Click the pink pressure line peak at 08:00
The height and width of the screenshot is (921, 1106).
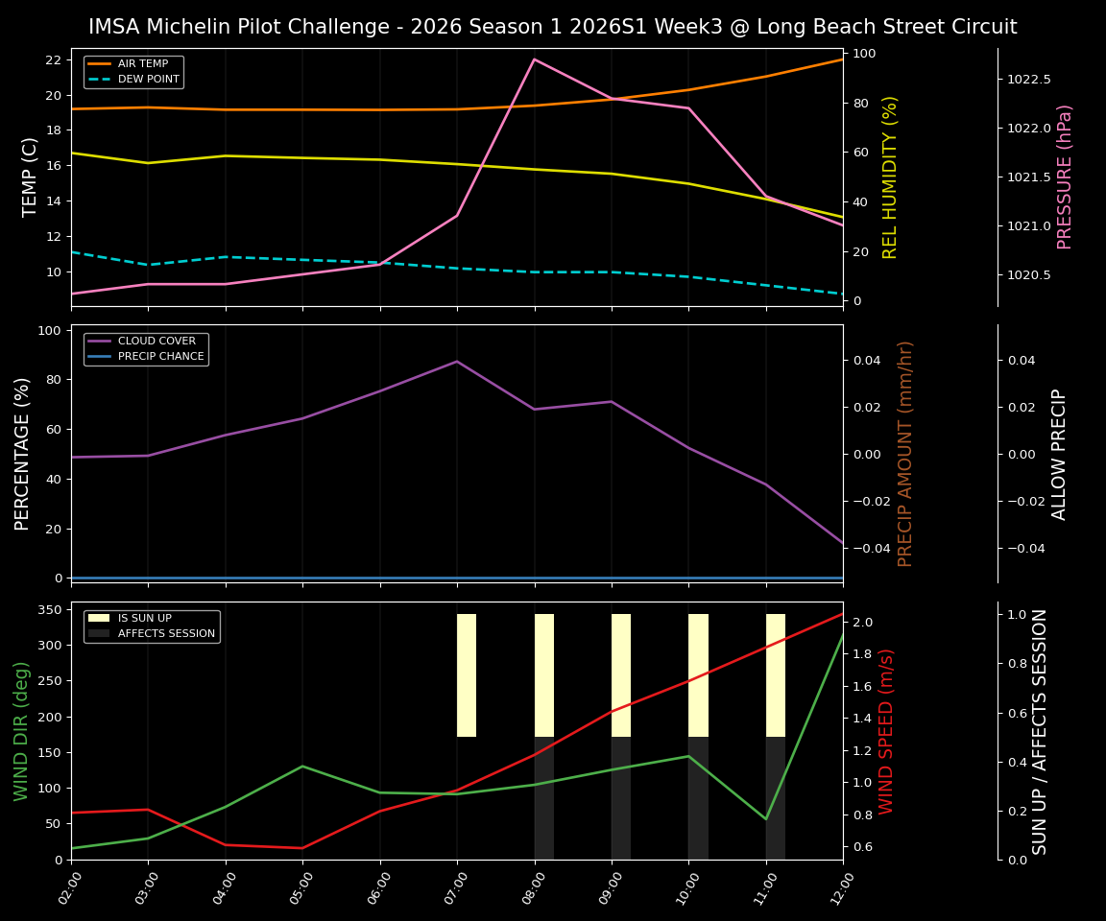(x=535, y=59)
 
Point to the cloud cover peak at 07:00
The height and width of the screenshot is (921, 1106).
(x=457, y=362)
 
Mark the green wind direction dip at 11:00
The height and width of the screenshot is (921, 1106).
(x=766, y=818)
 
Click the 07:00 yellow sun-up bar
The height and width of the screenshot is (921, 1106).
(x=467, y=675)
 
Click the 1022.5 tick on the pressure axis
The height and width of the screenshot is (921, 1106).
(x=1028, y=80)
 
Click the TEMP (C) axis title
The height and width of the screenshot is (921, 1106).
(x=30, y=177)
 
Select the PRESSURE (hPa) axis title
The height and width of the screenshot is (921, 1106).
(x=1065, y=177)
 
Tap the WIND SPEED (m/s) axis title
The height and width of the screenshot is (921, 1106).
(x=886, y=731)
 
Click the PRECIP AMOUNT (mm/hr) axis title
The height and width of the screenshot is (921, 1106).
(x=905, y=453)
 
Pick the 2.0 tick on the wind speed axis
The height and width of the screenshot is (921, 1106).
(x=861, y=623)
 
